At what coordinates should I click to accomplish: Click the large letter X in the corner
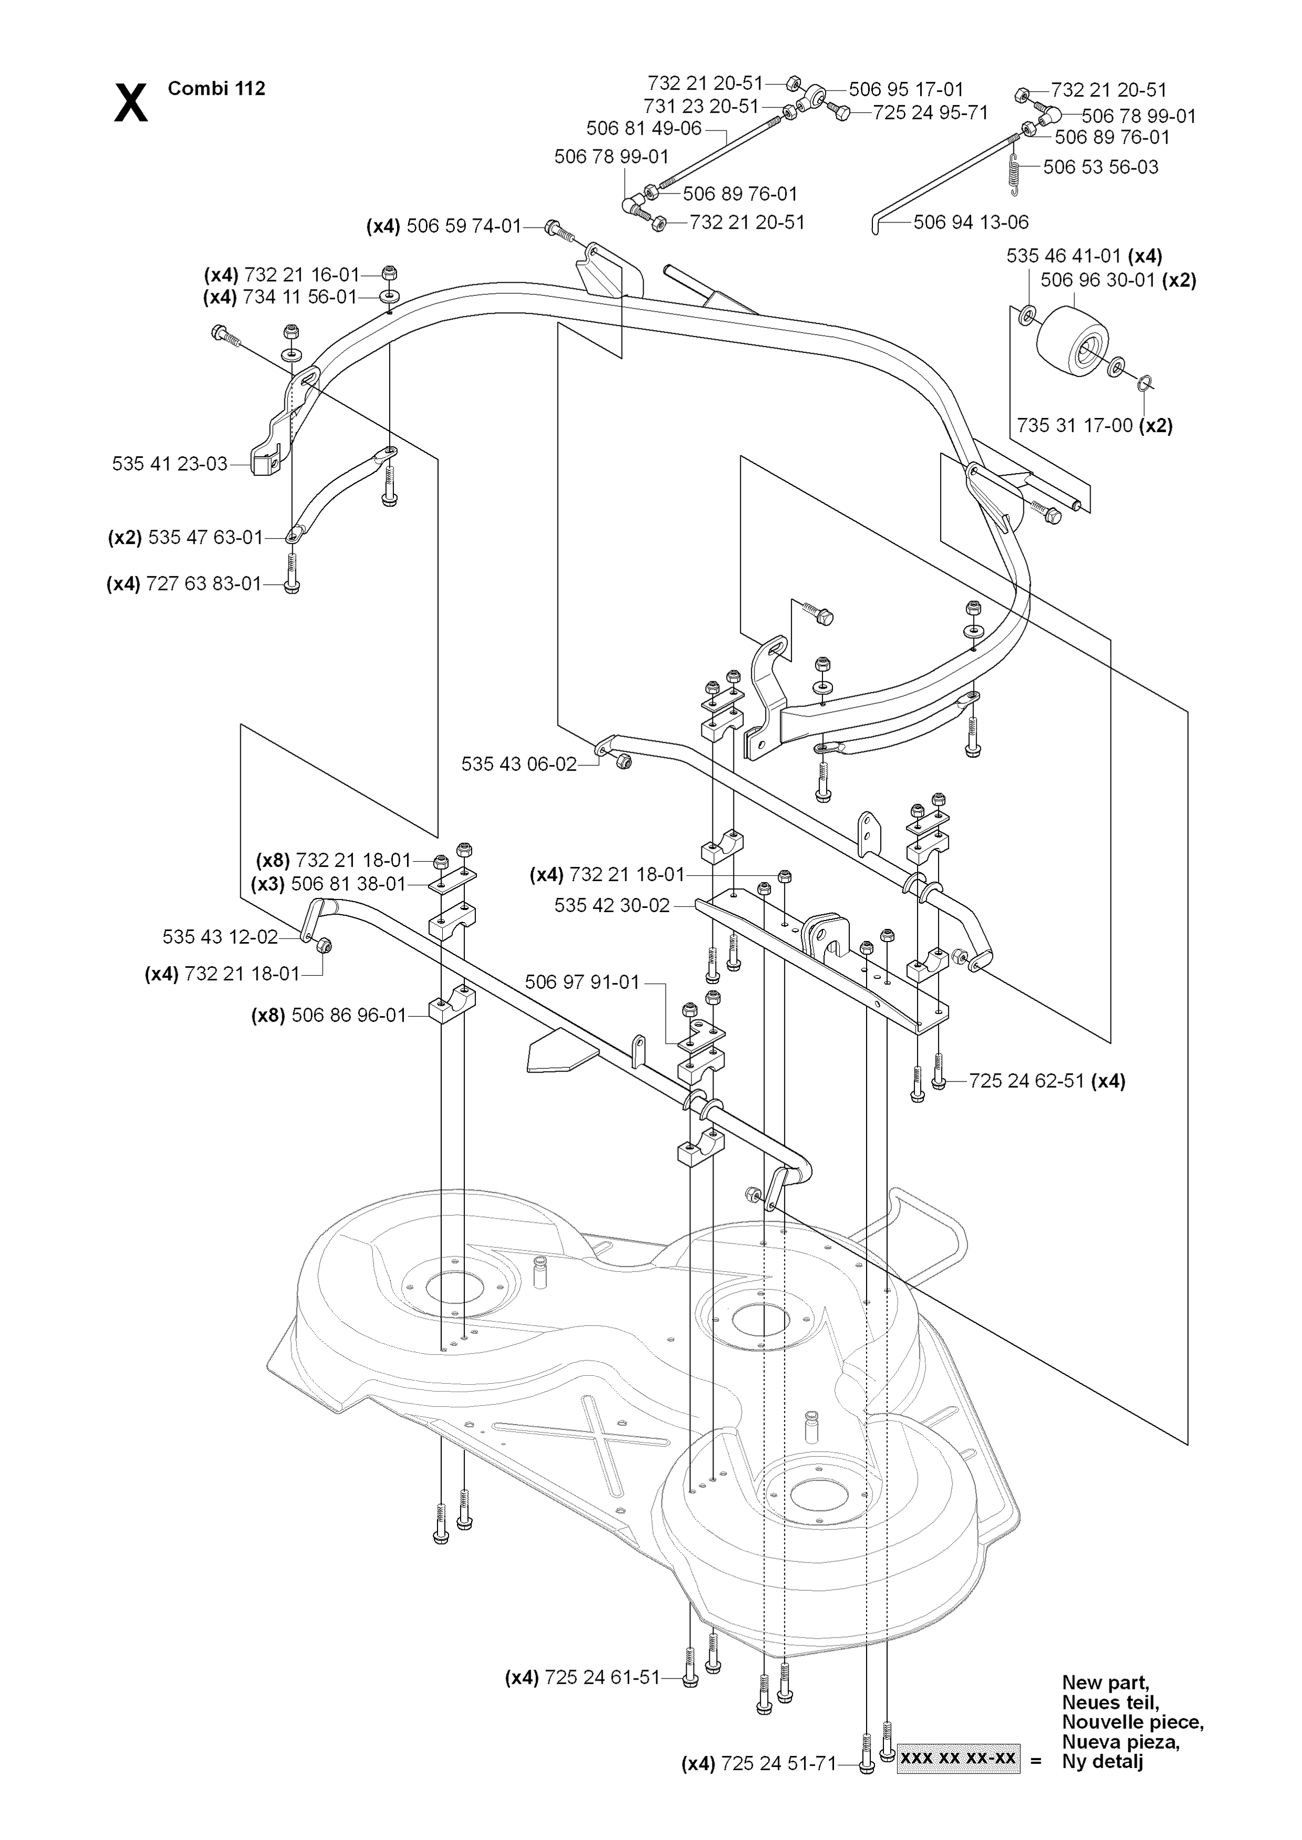coord(131,103)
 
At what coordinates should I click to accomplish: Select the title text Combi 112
coord(217,88)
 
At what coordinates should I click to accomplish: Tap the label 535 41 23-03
coord(170,464)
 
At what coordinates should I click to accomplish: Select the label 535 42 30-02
coord(613,906)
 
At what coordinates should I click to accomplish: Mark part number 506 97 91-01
coord(583,982)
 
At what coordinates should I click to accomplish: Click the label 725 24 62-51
coord(1027,1081)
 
